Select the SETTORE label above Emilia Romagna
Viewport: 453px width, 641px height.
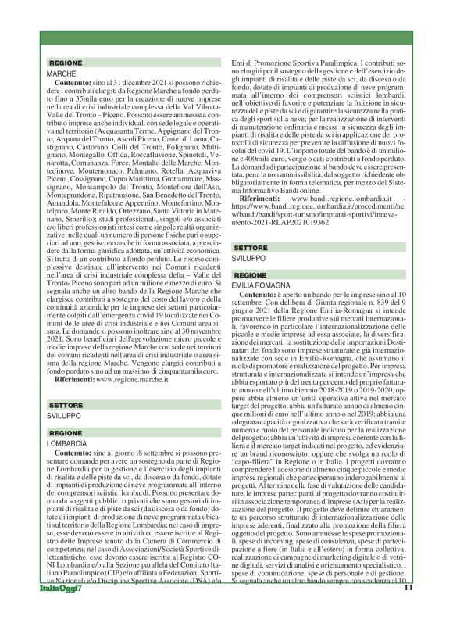(x=253, y=247)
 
